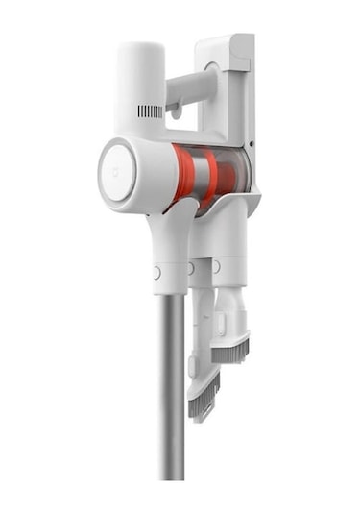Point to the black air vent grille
click(150, 111)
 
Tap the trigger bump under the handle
click(177, 112)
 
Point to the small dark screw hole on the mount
click(252, 147)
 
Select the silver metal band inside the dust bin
click(200, 173)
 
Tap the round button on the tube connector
click(156, 273)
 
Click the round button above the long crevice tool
click(191, 268)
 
